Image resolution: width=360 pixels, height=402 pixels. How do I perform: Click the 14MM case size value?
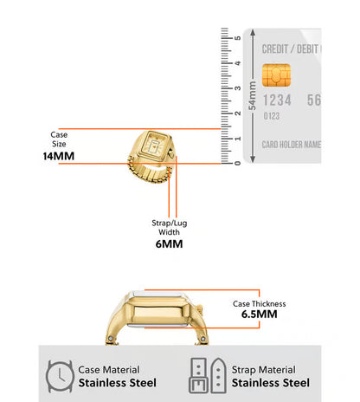(x=59, y=156)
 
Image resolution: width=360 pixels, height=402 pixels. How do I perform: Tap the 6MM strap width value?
(x=169, y=244)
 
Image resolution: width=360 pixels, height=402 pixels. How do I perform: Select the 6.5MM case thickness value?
(x=259, y=314)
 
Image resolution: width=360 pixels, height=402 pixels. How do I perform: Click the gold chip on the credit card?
(x=276, y=75)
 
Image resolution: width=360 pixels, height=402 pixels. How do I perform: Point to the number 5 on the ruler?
(x=237, y=38)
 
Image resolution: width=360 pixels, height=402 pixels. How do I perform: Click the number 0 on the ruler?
(x=237, y=163)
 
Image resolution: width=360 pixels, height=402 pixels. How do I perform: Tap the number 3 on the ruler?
(x=237, y=88)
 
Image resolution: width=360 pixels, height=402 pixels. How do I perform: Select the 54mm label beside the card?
(x=253, y=95)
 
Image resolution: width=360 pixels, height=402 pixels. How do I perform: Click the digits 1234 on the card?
(x=277, y=100)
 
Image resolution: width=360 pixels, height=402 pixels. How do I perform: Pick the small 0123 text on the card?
(x=272, y=116)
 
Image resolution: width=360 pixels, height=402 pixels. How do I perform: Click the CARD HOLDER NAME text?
(x=292, y=145)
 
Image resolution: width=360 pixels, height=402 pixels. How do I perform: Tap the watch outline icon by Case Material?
(x=60, y=376)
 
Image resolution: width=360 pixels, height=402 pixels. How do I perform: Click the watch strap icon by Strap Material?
(x=208, y=376)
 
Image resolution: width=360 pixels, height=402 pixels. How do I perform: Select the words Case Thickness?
(x=260, y=304)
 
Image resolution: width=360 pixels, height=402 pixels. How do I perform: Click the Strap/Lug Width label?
(x=170, y=228)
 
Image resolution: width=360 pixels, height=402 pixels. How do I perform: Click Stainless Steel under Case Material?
(x=118, y=383)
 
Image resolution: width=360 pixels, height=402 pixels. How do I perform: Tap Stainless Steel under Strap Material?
(x=271, y=383)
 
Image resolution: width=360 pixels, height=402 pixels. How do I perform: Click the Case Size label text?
(x=59, y=139)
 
